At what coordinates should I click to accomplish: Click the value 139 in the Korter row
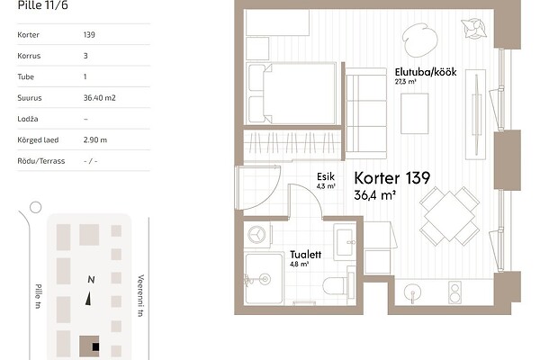coord(89,34)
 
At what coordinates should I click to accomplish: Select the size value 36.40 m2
coord(100,98)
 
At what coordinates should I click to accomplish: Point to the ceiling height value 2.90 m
coord(95,139)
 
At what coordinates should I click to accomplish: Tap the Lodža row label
coord(28,119)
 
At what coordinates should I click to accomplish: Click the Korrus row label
coord(29,56)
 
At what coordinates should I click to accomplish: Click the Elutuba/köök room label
coord(426,72)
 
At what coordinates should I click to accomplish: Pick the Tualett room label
coord(305,255)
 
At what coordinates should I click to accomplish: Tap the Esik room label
coord(326,176)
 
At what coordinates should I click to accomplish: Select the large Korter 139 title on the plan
coord(391,178)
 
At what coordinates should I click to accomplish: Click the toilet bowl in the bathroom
coord(336,285)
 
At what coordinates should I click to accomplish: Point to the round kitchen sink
coord(412,293)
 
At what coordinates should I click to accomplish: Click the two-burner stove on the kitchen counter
coord(454,292)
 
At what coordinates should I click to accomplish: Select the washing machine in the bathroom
coord(257,235)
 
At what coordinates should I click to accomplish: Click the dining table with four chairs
coord(449,216)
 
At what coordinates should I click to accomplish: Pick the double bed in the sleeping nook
coord(292,94)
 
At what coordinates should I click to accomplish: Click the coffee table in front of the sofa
coord(415,113)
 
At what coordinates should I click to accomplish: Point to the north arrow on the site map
coord(88,298)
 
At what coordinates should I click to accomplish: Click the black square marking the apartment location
coord(95,346)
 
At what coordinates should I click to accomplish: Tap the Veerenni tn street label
coord(140,295)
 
